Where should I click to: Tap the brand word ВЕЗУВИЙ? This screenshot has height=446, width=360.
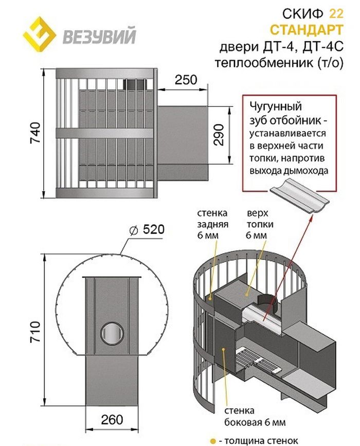99,37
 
